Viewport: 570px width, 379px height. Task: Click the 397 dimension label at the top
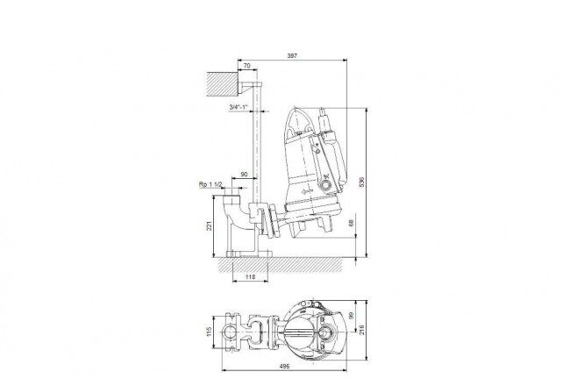pyautogui.click(x=292, y=55)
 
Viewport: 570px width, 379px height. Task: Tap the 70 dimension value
pyautogui.click(x=246, y=66)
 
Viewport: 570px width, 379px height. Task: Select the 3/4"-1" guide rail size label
pyautogui.click(x=239, y=107)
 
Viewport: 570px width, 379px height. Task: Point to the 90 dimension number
pyautogui.click(x=245, y=175)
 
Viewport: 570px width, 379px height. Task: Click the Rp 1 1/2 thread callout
pyautogui.click(x=210, y=185)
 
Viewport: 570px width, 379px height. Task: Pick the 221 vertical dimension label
pyautogui.click(x=209, y=225)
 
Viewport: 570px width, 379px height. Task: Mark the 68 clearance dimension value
pyautogui.click(x=351, y=223)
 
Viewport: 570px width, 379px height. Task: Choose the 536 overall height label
pyautogui.click(x=361, y=182)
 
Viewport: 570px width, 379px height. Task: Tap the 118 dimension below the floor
pyautogui.click(x=251, y=277)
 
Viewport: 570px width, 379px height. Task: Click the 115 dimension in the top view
pyautogui.click(x=209, y=332)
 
